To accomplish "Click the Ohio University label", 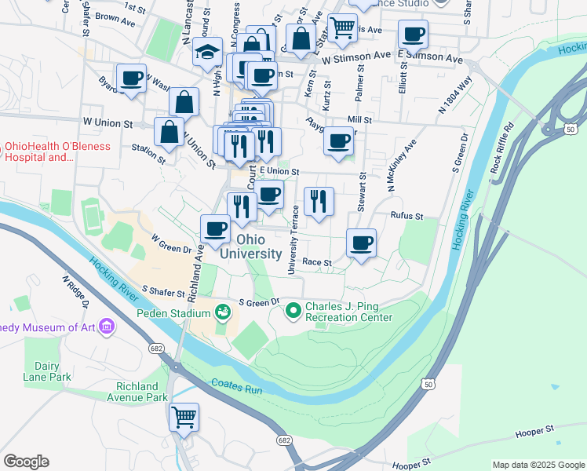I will (250, 246).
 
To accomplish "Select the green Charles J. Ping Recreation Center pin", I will (293, 312).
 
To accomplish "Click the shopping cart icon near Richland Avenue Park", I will (184, 417).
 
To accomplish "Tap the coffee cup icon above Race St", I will (361, 243).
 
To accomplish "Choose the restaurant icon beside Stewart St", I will (319, 202).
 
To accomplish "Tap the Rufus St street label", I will (407, 216).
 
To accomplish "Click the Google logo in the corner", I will (26, 462).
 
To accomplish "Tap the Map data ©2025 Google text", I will (538, 465).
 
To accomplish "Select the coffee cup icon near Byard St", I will (131, 78).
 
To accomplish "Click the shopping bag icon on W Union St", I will (169, 132).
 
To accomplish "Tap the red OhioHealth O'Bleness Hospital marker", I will (3, 147).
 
